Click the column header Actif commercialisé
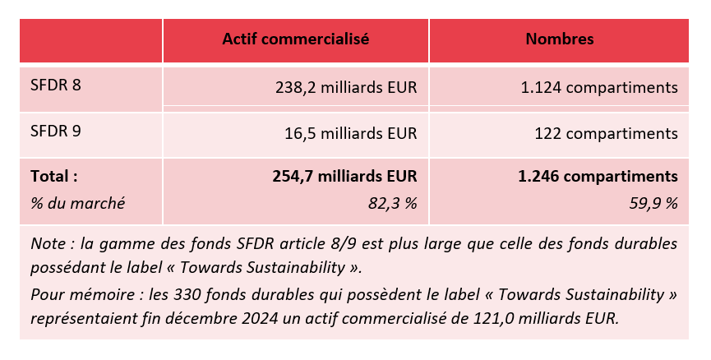(x=295, y=39)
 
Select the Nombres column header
(x=560, y=39)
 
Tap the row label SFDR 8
(x=56, y=85)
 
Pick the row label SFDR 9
(x=56, y=131)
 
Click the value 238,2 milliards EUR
(x=345, y=87)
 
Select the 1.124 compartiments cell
(x=599, y=87)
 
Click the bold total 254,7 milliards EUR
(x=344, y=176)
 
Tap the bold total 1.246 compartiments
(x=598, y=176)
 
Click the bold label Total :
(x=54, y=176)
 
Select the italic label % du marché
(x=77, y=202)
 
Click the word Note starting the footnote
(x=46, y=244)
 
